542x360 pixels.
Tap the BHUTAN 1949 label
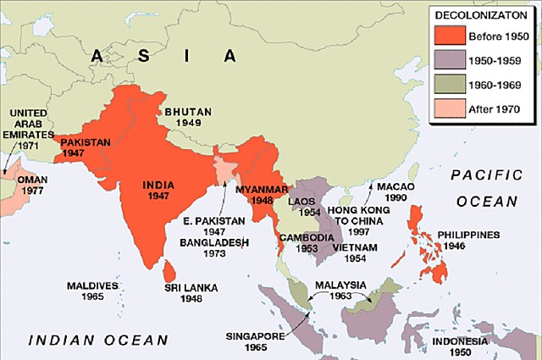point(189,118)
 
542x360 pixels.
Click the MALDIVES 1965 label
point(91,292)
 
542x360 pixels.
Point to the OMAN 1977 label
point(31,185)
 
